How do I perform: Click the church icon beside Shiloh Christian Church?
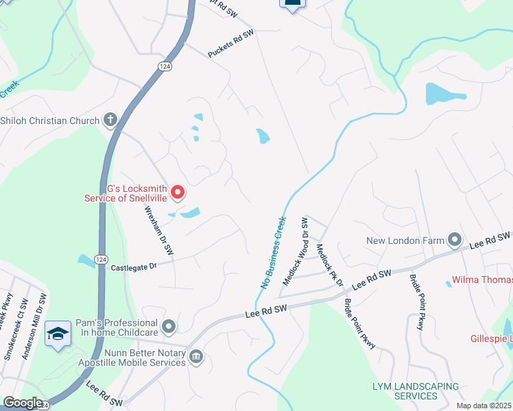click(109, 121)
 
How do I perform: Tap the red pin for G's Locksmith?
click(178, 193)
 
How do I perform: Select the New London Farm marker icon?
click(454, 240)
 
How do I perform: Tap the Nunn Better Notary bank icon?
click(196, 356)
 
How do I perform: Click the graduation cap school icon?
click(58, 334)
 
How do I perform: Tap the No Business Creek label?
click(272, 253)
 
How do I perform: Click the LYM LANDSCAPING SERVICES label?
click(415, 391)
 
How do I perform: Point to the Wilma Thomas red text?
click(481, 280)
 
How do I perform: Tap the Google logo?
click(23, 403)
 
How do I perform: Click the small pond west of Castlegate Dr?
click(86, 260)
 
